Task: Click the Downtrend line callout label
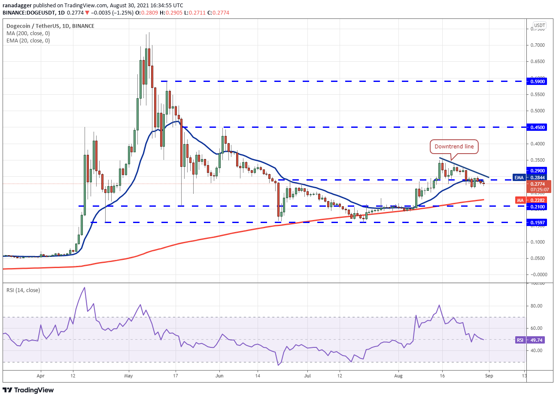[x=454, y=147]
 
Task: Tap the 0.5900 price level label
[x=538, y=81]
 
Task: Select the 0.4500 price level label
[x=538, y=127]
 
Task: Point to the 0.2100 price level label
[x=538, y=207]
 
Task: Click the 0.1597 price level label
[x=538, y=223]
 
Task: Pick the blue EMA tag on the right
[x=519, y=178]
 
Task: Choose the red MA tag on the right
[x=520, y=200]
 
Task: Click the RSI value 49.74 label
[x=536, y=340]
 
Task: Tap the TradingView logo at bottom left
[x=28, y=390]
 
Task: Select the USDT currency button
[x=539, y=26]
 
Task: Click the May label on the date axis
[x=129, y=376]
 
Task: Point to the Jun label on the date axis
[x=219, y=376]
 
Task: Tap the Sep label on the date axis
[x=489, y=376]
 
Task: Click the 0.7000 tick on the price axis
[x=538, y=45]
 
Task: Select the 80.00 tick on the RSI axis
[x=536, y=306]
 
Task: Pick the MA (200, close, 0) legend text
[x=28, y=33]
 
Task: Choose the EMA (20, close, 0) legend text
[x=28, y=41]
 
